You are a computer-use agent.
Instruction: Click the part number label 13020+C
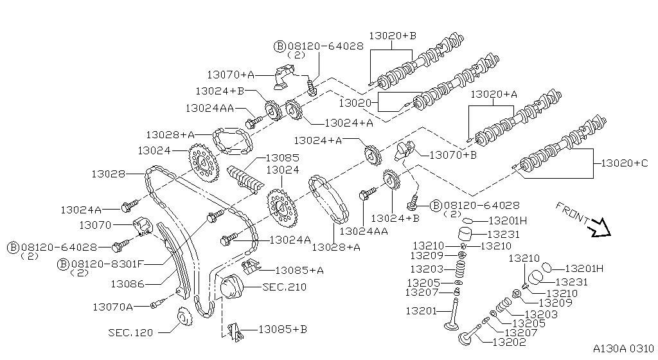pos(624,163)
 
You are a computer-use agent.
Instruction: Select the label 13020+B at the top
pos(393,35)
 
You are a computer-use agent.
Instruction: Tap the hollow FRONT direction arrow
pos(601,226)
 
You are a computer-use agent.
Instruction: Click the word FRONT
pos(573,212)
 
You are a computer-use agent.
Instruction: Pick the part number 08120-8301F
pos(107,263)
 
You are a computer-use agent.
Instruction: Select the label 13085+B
pos(283,329)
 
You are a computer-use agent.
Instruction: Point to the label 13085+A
pos(299,270)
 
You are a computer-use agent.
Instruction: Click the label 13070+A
pos(231,75)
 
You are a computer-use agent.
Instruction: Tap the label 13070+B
pos(453,154)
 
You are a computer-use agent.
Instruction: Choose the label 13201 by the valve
pos(421,311)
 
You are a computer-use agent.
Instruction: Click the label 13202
pos(508,341)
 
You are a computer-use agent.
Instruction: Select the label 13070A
pos(112,307)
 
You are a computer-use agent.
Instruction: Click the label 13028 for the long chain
pos(108,174)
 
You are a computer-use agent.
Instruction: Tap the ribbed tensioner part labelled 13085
pos(245,177)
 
